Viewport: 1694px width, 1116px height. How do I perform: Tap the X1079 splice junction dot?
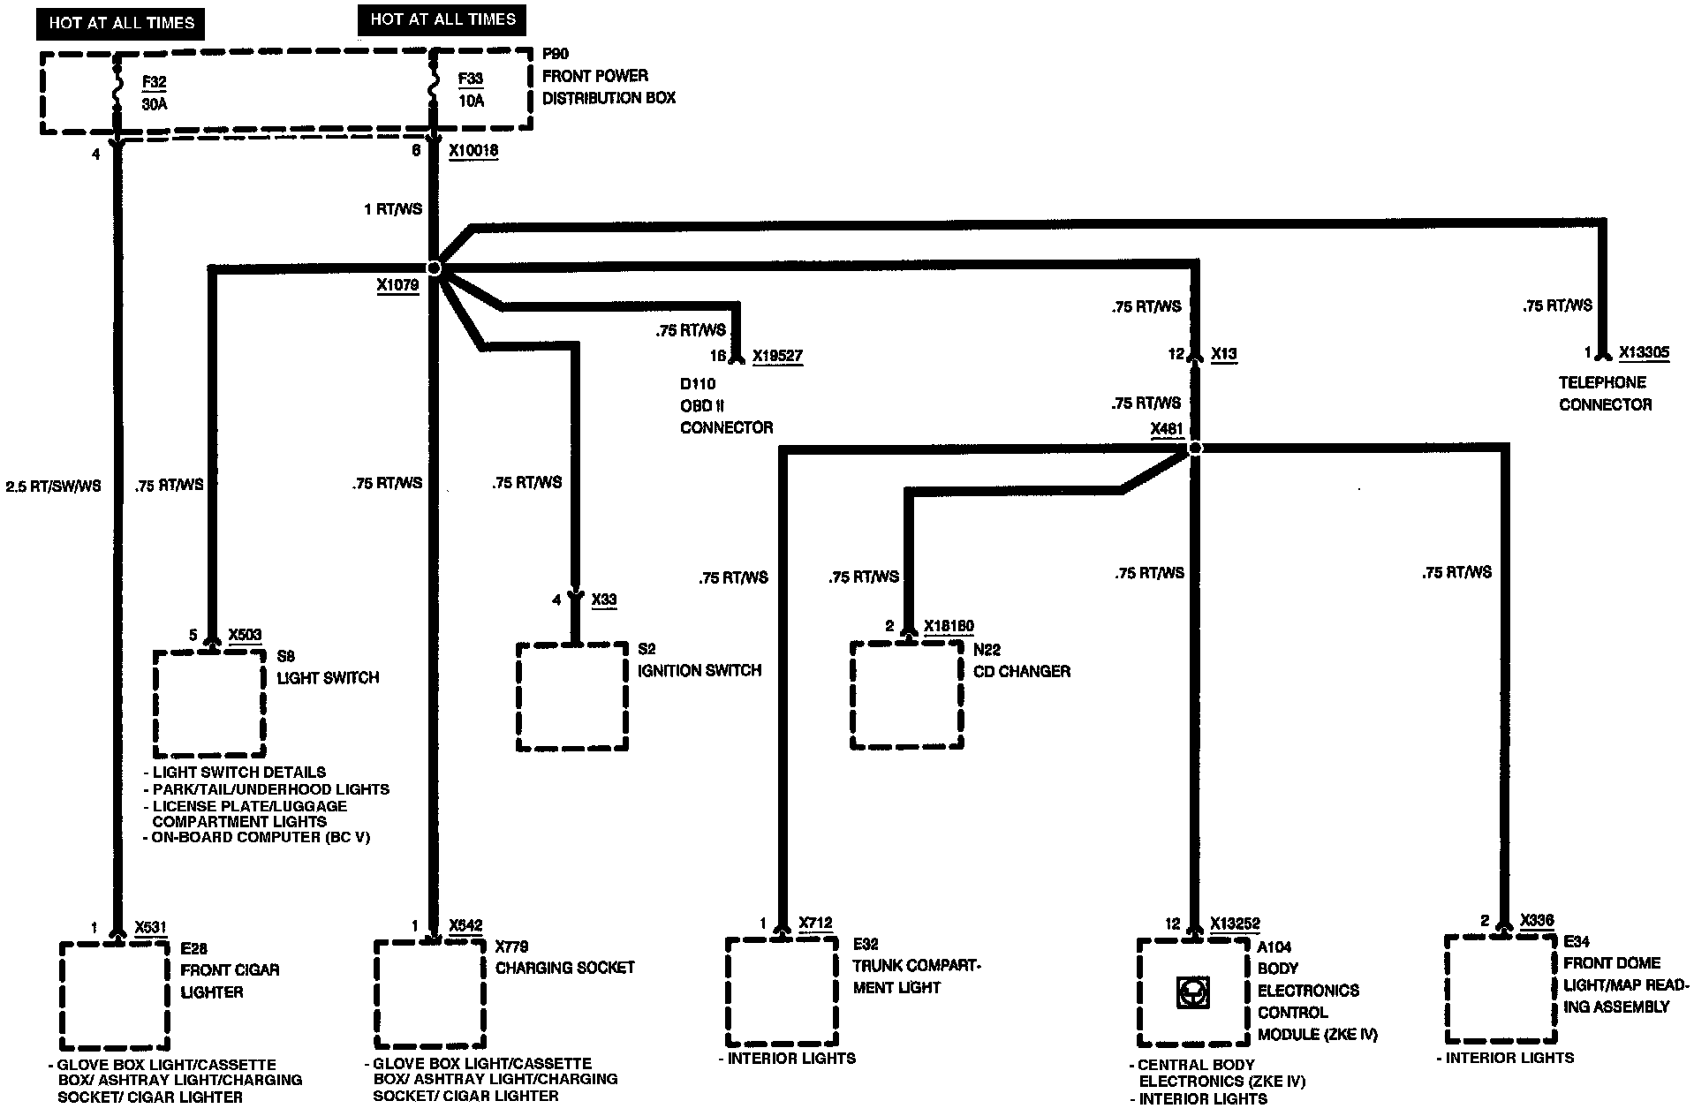coord(434,268)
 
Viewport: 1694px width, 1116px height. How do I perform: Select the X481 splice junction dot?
coord(1195,449)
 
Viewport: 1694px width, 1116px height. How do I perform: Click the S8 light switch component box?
coord(209,703)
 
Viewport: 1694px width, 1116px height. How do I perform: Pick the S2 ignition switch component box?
coord(572,697)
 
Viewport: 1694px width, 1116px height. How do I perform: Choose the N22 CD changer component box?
coord(907,695)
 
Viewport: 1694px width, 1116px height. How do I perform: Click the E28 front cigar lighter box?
coord(115,995)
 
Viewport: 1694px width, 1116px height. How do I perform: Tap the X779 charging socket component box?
coord(430,994)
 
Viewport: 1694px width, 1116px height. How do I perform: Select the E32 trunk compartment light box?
coord(782,992)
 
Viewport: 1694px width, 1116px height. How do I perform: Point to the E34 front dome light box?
coord(1501,990)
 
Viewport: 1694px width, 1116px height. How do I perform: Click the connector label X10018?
coord(473,151)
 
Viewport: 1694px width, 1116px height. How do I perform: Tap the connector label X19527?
coord(778,357)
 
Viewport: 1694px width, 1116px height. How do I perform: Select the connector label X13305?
coord(1644,353)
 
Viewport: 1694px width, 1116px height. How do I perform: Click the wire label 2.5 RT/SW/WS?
coord(54,486)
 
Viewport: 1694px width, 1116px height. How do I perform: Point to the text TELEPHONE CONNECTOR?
coord(1605,394)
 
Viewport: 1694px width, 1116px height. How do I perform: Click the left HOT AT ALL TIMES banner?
coord(121,24)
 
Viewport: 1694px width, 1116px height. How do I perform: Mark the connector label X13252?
coord(1235,924)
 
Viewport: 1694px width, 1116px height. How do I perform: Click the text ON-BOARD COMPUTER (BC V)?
coord(256,837)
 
